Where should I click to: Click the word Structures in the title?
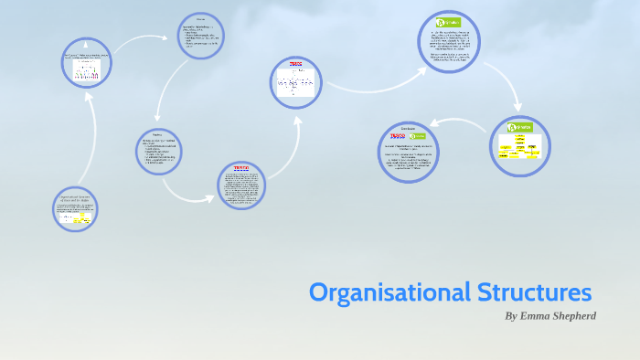coord(535,293)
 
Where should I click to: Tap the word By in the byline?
coord(511,316)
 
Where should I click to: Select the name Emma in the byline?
coord(537,316)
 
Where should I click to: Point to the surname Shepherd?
coord(574,316)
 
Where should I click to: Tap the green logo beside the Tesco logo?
coord(420,136)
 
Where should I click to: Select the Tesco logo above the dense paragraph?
coord(241,168)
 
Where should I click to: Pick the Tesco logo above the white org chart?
coord(295,64)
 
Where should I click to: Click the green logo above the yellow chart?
coord(519,128)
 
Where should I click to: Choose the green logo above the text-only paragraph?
coord(448,22)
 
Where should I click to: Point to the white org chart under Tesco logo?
coord(296,84)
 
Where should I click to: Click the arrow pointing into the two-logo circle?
coord(457,121)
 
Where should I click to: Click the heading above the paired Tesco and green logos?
coord(408,128)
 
